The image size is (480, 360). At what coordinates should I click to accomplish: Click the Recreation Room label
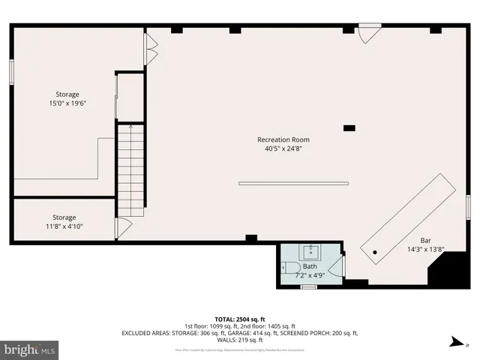pyautogui.click(x=283, y=139)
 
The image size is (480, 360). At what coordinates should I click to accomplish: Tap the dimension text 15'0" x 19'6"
pyautogui.click(x=67, y=103)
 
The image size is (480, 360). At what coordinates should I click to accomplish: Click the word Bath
pyautogui.click(x=310, y=266)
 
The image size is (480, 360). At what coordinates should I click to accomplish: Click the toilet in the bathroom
pyautogui.click(x=291, y=267)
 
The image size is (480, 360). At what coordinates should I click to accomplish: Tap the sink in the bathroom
pyautogui.click(x=310, y=251)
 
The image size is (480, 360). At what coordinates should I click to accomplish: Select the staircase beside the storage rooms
pyautogui.click(x=130, y=169)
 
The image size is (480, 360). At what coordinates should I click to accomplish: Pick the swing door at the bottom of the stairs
pyautogui.click(x=123, y=228)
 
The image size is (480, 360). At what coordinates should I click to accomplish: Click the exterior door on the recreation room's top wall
pyautogui.click(x=369, y=34)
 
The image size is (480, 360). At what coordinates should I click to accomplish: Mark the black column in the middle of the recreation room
pyautogui.click(x=349, y=128)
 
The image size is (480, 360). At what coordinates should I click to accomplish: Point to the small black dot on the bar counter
pyautogui.click(x=373, y=253)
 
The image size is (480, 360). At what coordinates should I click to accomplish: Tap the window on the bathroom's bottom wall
pyautogui.click(x=308, y=286)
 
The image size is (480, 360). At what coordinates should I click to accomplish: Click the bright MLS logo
pyautogui.click(x=30, y=349)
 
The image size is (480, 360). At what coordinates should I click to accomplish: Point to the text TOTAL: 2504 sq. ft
pyautogui.click(x=240, y=319)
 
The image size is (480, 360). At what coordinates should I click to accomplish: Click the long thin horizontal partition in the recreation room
pyautogui.click(x=293, y=183)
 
